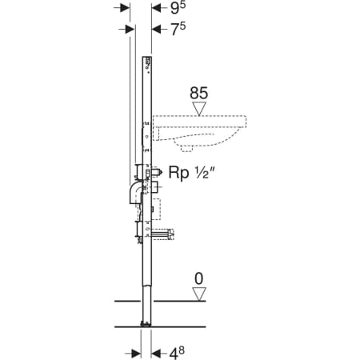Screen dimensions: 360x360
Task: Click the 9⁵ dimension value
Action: [x=178, y=8]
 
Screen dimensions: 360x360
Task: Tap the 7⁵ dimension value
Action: [x=178, y=29]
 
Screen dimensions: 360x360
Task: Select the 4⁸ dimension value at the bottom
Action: [x=177, y=353]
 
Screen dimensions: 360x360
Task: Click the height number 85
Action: [x=198, y=93]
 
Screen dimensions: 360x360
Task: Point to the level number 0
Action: [x=199, y=279]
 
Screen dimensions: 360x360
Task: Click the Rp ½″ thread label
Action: [x=192, y=173]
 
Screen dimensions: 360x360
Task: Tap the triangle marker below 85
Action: [x=199, y=109]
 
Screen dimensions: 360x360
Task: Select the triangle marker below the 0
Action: [x=199, y=294]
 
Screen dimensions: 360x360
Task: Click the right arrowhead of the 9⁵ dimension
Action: [x=156, y=8]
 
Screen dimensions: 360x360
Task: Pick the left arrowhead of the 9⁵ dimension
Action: [x=125, y=8]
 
